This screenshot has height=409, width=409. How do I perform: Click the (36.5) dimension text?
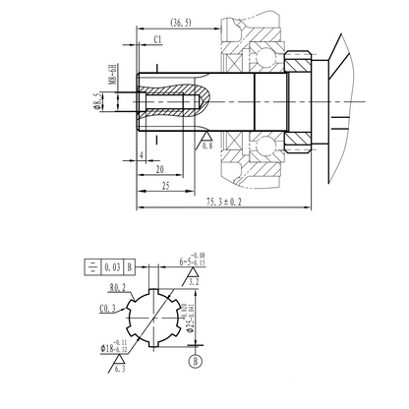[x=180, y=21]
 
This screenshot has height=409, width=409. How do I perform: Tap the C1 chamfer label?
[x=159, y=38]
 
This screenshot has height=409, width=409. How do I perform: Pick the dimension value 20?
[x=160, y=168]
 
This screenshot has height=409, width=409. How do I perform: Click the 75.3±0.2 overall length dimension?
[x=225, y=204]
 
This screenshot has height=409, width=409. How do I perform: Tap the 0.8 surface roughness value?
[x=206, y=146]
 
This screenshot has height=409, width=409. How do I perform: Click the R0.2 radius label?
[x=119, y=287]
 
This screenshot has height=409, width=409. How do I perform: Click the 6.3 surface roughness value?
[x=119, y=371]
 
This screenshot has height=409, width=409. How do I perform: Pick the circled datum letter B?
[x=195, y=361]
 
